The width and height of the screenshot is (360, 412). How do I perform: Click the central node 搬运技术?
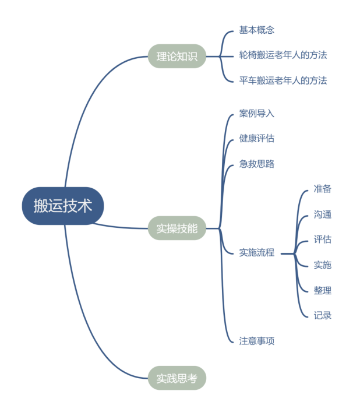[63, 206]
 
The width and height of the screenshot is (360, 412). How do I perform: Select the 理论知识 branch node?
[177, 56]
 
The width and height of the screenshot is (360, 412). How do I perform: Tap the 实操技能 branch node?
[177, 228]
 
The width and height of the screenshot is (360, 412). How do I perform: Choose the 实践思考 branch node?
[177, 378]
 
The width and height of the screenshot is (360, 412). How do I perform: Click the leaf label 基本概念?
[256, 30]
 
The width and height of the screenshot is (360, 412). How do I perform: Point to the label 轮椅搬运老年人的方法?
[283, 55]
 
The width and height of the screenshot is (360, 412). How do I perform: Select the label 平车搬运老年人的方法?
[283, 80]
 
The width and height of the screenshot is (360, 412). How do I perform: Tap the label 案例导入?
[256, 114]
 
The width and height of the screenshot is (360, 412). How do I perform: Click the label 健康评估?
[256, 139]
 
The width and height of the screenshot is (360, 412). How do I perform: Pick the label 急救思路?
[256, 164]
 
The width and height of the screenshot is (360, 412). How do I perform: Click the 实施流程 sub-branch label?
[256, 252]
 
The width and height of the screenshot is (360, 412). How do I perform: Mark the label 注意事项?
[256, 341]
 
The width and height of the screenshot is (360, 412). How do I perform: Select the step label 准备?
[323, 189]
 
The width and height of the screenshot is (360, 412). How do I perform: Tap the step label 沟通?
[323, 214]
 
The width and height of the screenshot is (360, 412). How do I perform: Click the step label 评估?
[323, 240]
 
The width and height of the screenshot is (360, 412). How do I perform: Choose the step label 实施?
[323, 265]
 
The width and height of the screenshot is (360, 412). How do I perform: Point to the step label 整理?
[323, 290]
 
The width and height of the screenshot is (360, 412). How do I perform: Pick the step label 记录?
[323, 315]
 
